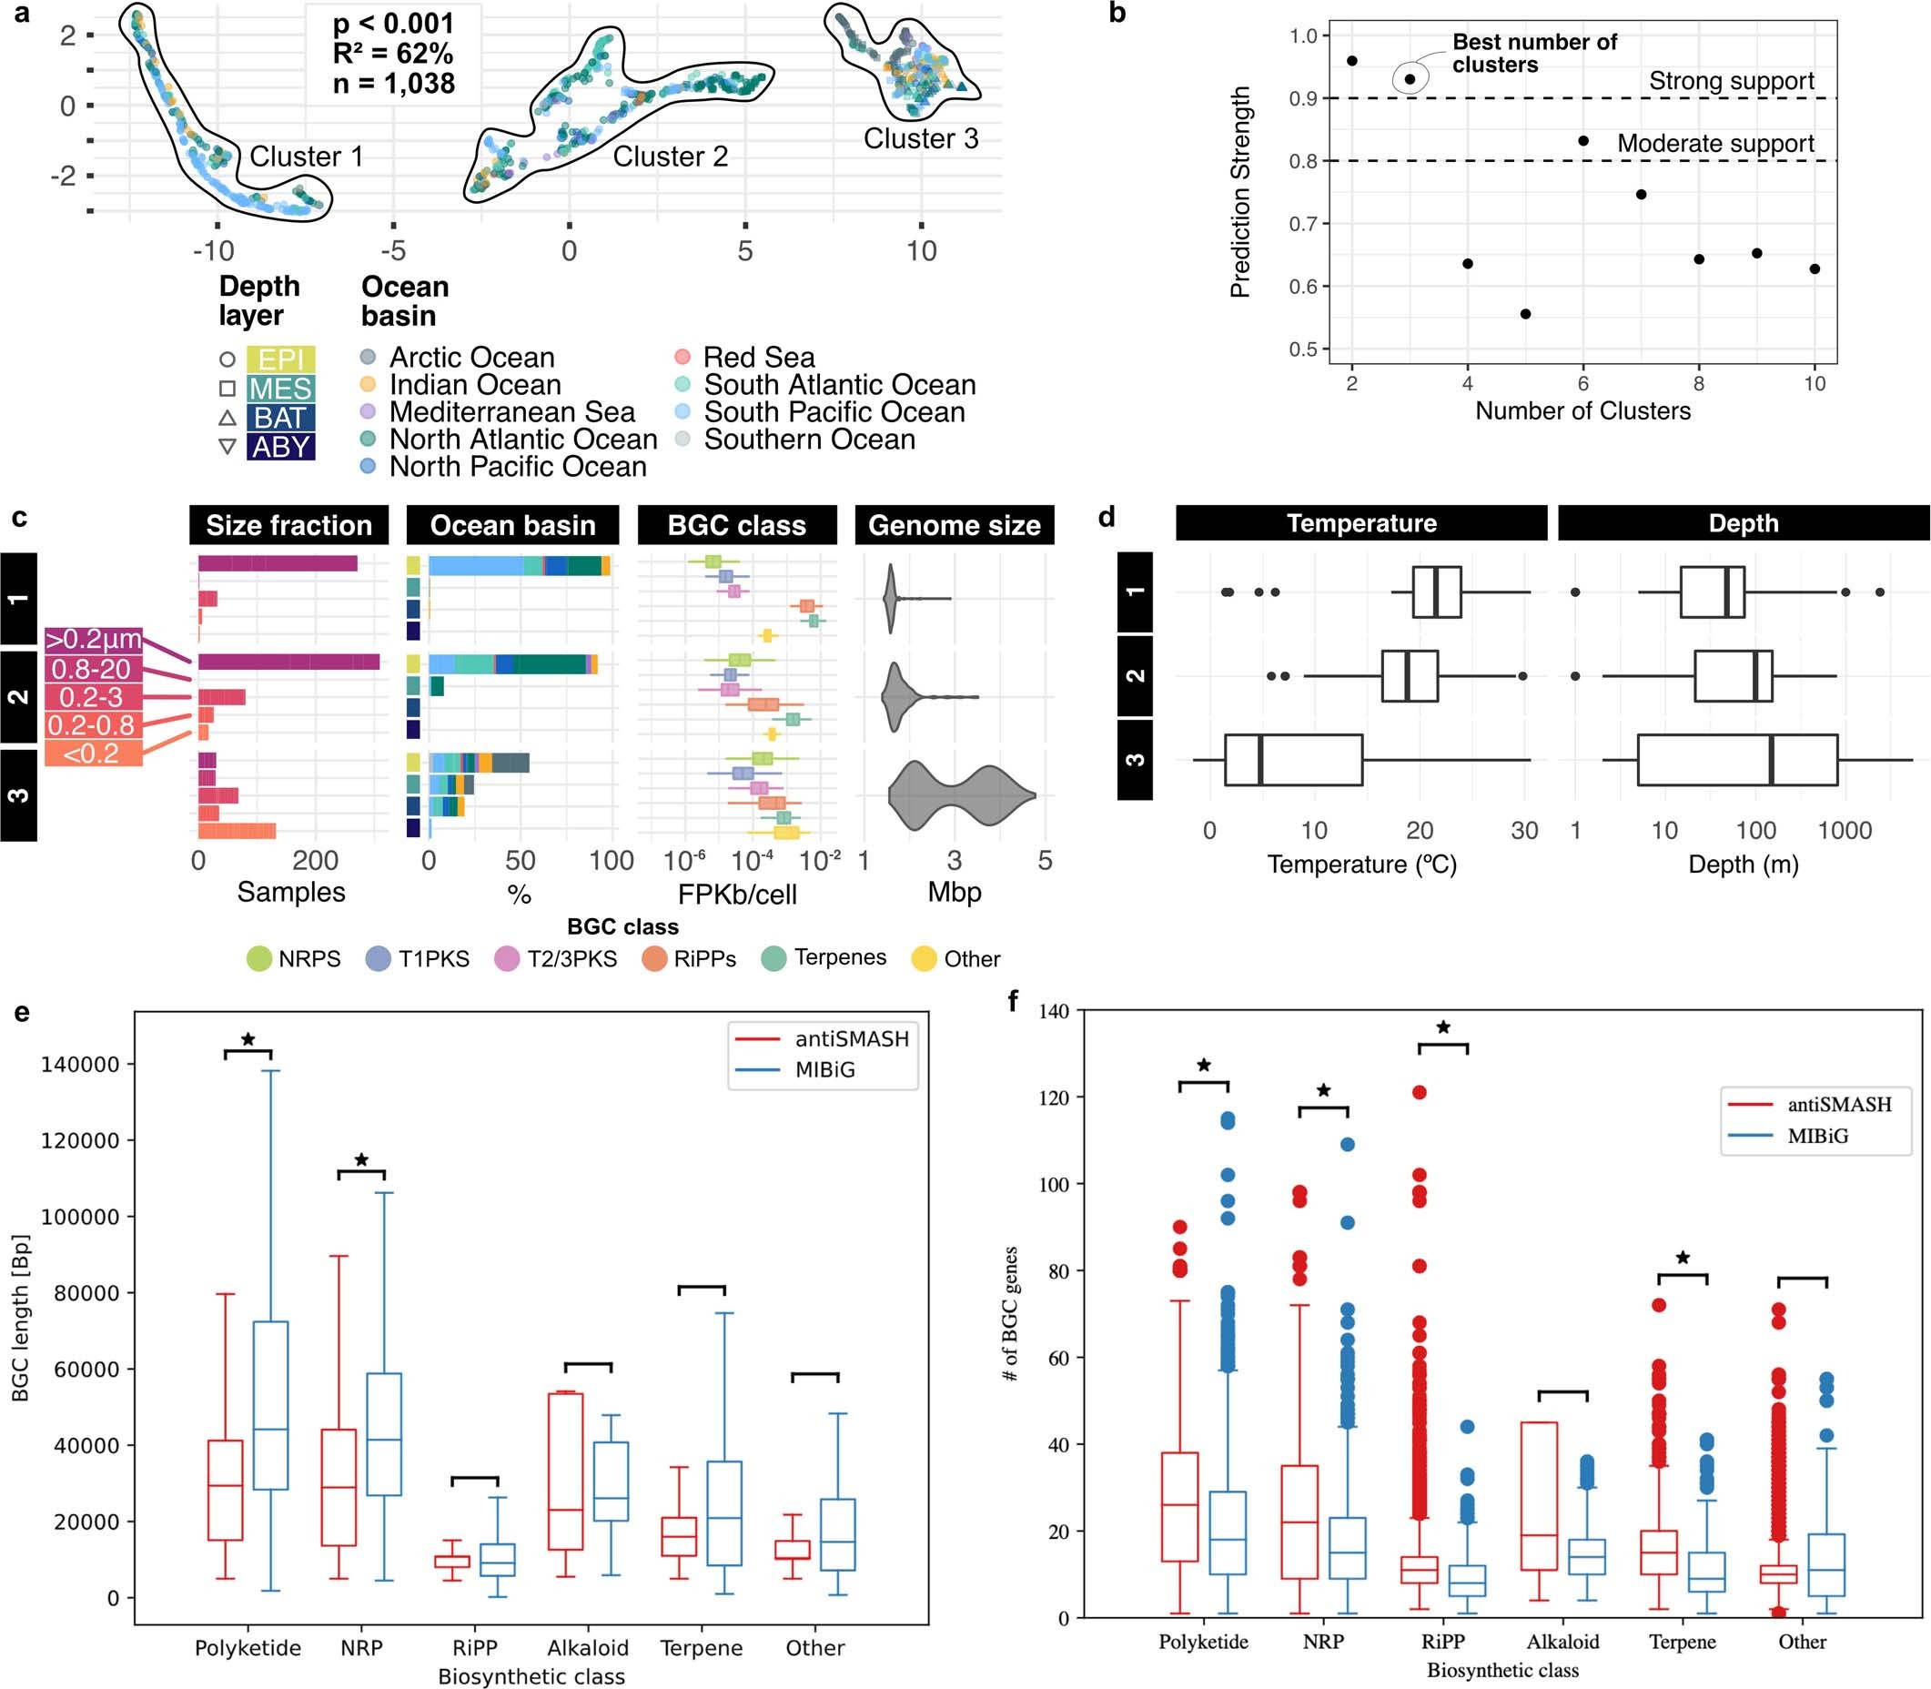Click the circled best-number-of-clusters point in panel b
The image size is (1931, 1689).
pos(1410,79)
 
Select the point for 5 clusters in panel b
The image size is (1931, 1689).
pos(1525,314)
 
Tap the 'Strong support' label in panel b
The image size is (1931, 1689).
pos(1730,81)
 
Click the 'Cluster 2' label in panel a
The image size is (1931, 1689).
pos(670,157)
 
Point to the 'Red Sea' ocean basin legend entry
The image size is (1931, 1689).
pos(758,358)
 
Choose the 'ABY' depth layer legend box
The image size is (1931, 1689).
pos(280,447)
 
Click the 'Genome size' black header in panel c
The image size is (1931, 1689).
pos(954,525)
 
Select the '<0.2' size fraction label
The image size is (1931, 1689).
pos(92,753)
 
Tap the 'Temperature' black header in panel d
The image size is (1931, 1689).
pos(1360,523)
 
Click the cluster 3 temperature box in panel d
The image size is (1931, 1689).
pos(1293,760)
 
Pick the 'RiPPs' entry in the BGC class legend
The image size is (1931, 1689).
pos(704,958)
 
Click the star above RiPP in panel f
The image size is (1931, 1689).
pos(1443,1027)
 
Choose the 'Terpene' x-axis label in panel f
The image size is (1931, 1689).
pos(1683,1642)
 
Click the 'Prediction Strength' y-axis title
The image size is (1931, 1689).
pos(1240,192)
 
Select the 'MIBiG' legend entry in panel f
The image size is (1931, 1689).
pos(1817,1137)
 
